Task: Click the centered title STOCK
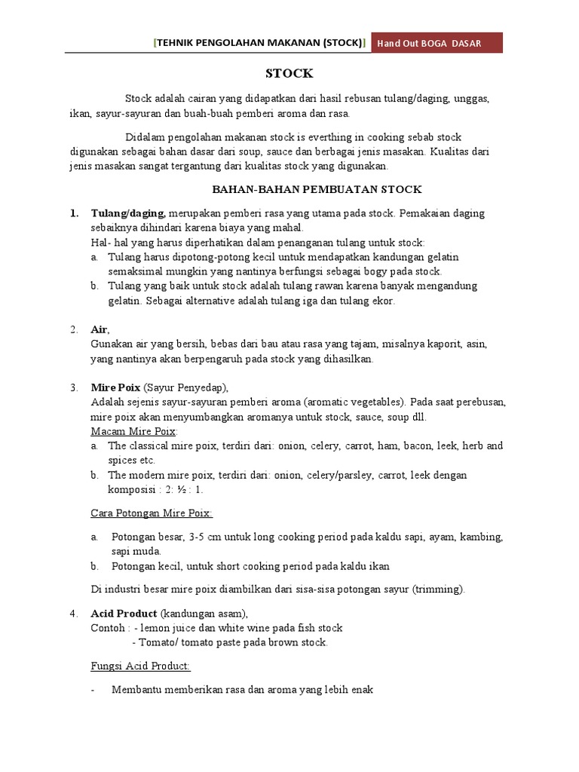(289, 74)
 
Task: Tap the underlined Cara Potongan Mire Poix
(152, 513)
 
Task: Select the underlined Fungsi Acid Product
(140, 666)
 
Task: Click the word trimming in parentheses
(440, 589)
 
